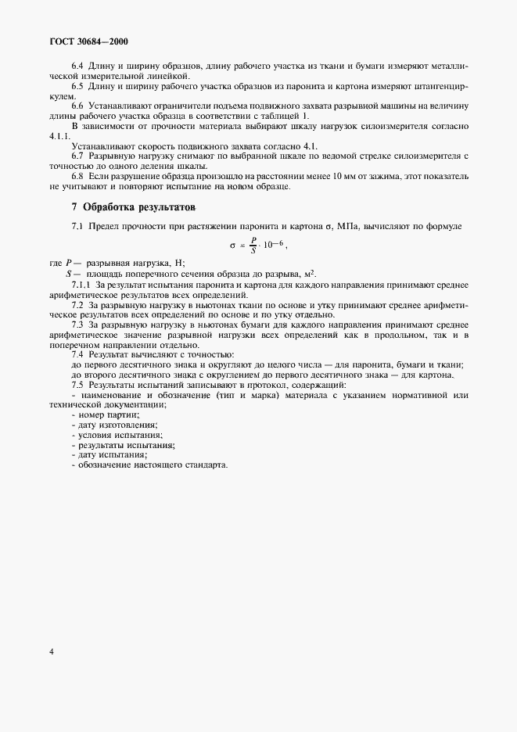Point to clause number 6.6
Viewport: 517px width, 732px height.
tap(78, 105)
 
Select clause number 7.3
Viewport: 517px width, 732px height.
tap(78, 325)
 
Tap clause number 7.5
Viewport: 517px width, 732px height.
tap(78, 386)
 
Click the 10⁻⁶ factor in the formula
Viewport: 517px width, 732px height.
tap(272, 245)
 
